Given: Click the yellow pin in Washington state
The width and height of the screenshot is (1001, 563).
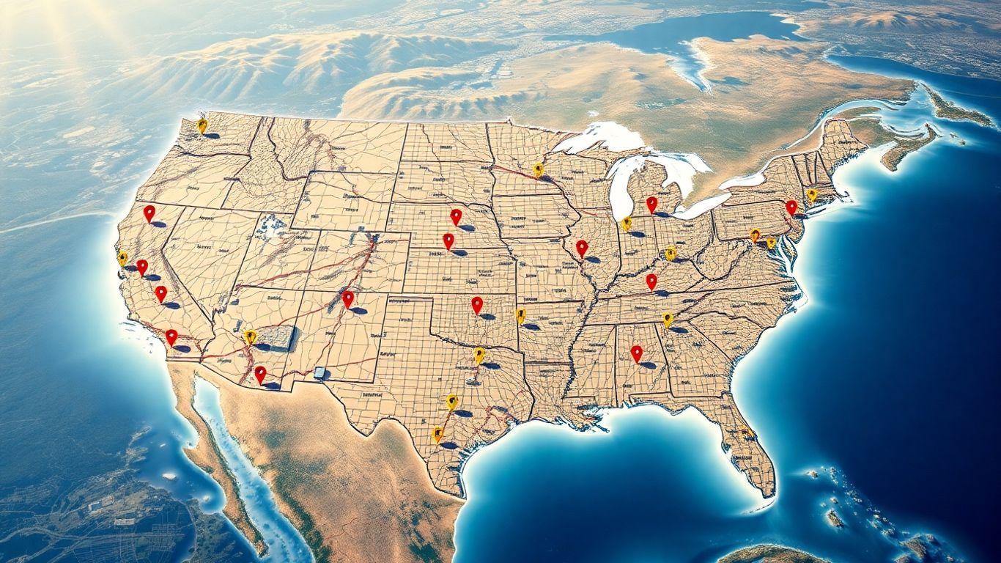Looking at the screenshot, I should (x=202, y=125).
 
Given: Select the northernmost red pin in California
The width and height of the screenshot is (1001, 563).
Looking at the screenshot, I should (x=149, y=213).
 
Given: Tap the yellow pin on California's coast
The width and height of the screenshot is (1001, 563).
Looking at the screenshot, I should (x=122, y=258).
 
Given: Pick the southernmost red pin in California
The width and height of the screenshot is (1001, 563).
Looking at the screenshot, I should (x=171, y=336).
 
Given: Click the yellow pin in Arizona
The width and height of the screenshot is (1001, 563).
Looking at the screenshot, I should (x=250, y=336).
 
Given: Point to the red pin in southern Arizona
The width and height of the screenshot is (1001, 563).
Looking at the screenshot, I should (x=260, y=374).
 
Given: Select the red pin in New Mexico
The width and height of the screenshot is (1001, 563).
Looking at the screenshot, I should (x=347, y=298).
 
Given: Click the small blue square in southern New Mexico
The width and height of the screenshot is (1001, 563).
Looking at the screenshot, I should (x=319, y=372).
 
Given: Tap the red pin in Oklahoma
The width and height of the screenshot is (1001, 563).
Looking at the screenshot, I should (x=477, y=304).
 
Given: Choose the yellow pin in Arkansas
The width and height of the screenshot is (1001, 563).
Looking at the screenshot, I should (x=520, y=315).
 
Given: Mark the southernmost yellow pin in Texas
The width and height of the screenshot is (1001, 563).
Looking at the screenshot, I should (x=437, y=435).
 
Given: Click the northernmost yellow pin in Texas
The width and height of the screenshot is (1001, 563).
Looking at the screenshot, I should (x=479, y=355).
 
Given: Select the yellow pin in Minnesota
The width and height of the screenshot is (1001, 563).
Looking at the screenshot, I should (x=538, y=169).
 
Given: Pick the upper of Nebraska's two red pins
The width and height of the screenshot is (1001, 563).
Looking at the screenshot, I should (x=456, y=216).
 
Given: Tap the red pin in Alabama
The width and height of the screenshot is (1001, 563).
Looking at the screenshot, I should (x=636, y=353).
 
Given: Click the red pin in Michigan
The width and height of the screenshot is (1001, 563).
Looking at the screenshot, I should (x=651, y=204).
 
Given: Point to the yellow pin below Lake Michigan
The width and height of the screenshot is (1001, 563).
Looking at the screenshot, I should (x=626, y=224).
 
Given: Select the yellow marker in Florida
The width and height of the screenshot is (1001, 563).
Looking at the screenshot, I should (x=745, y=433).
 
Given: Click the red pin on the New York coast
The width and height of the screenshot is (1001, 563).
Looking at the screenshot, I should (x=791, y=207).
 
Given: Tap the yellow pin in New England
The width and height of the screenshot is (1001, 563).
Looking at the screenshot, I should (x=811, y=194).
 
